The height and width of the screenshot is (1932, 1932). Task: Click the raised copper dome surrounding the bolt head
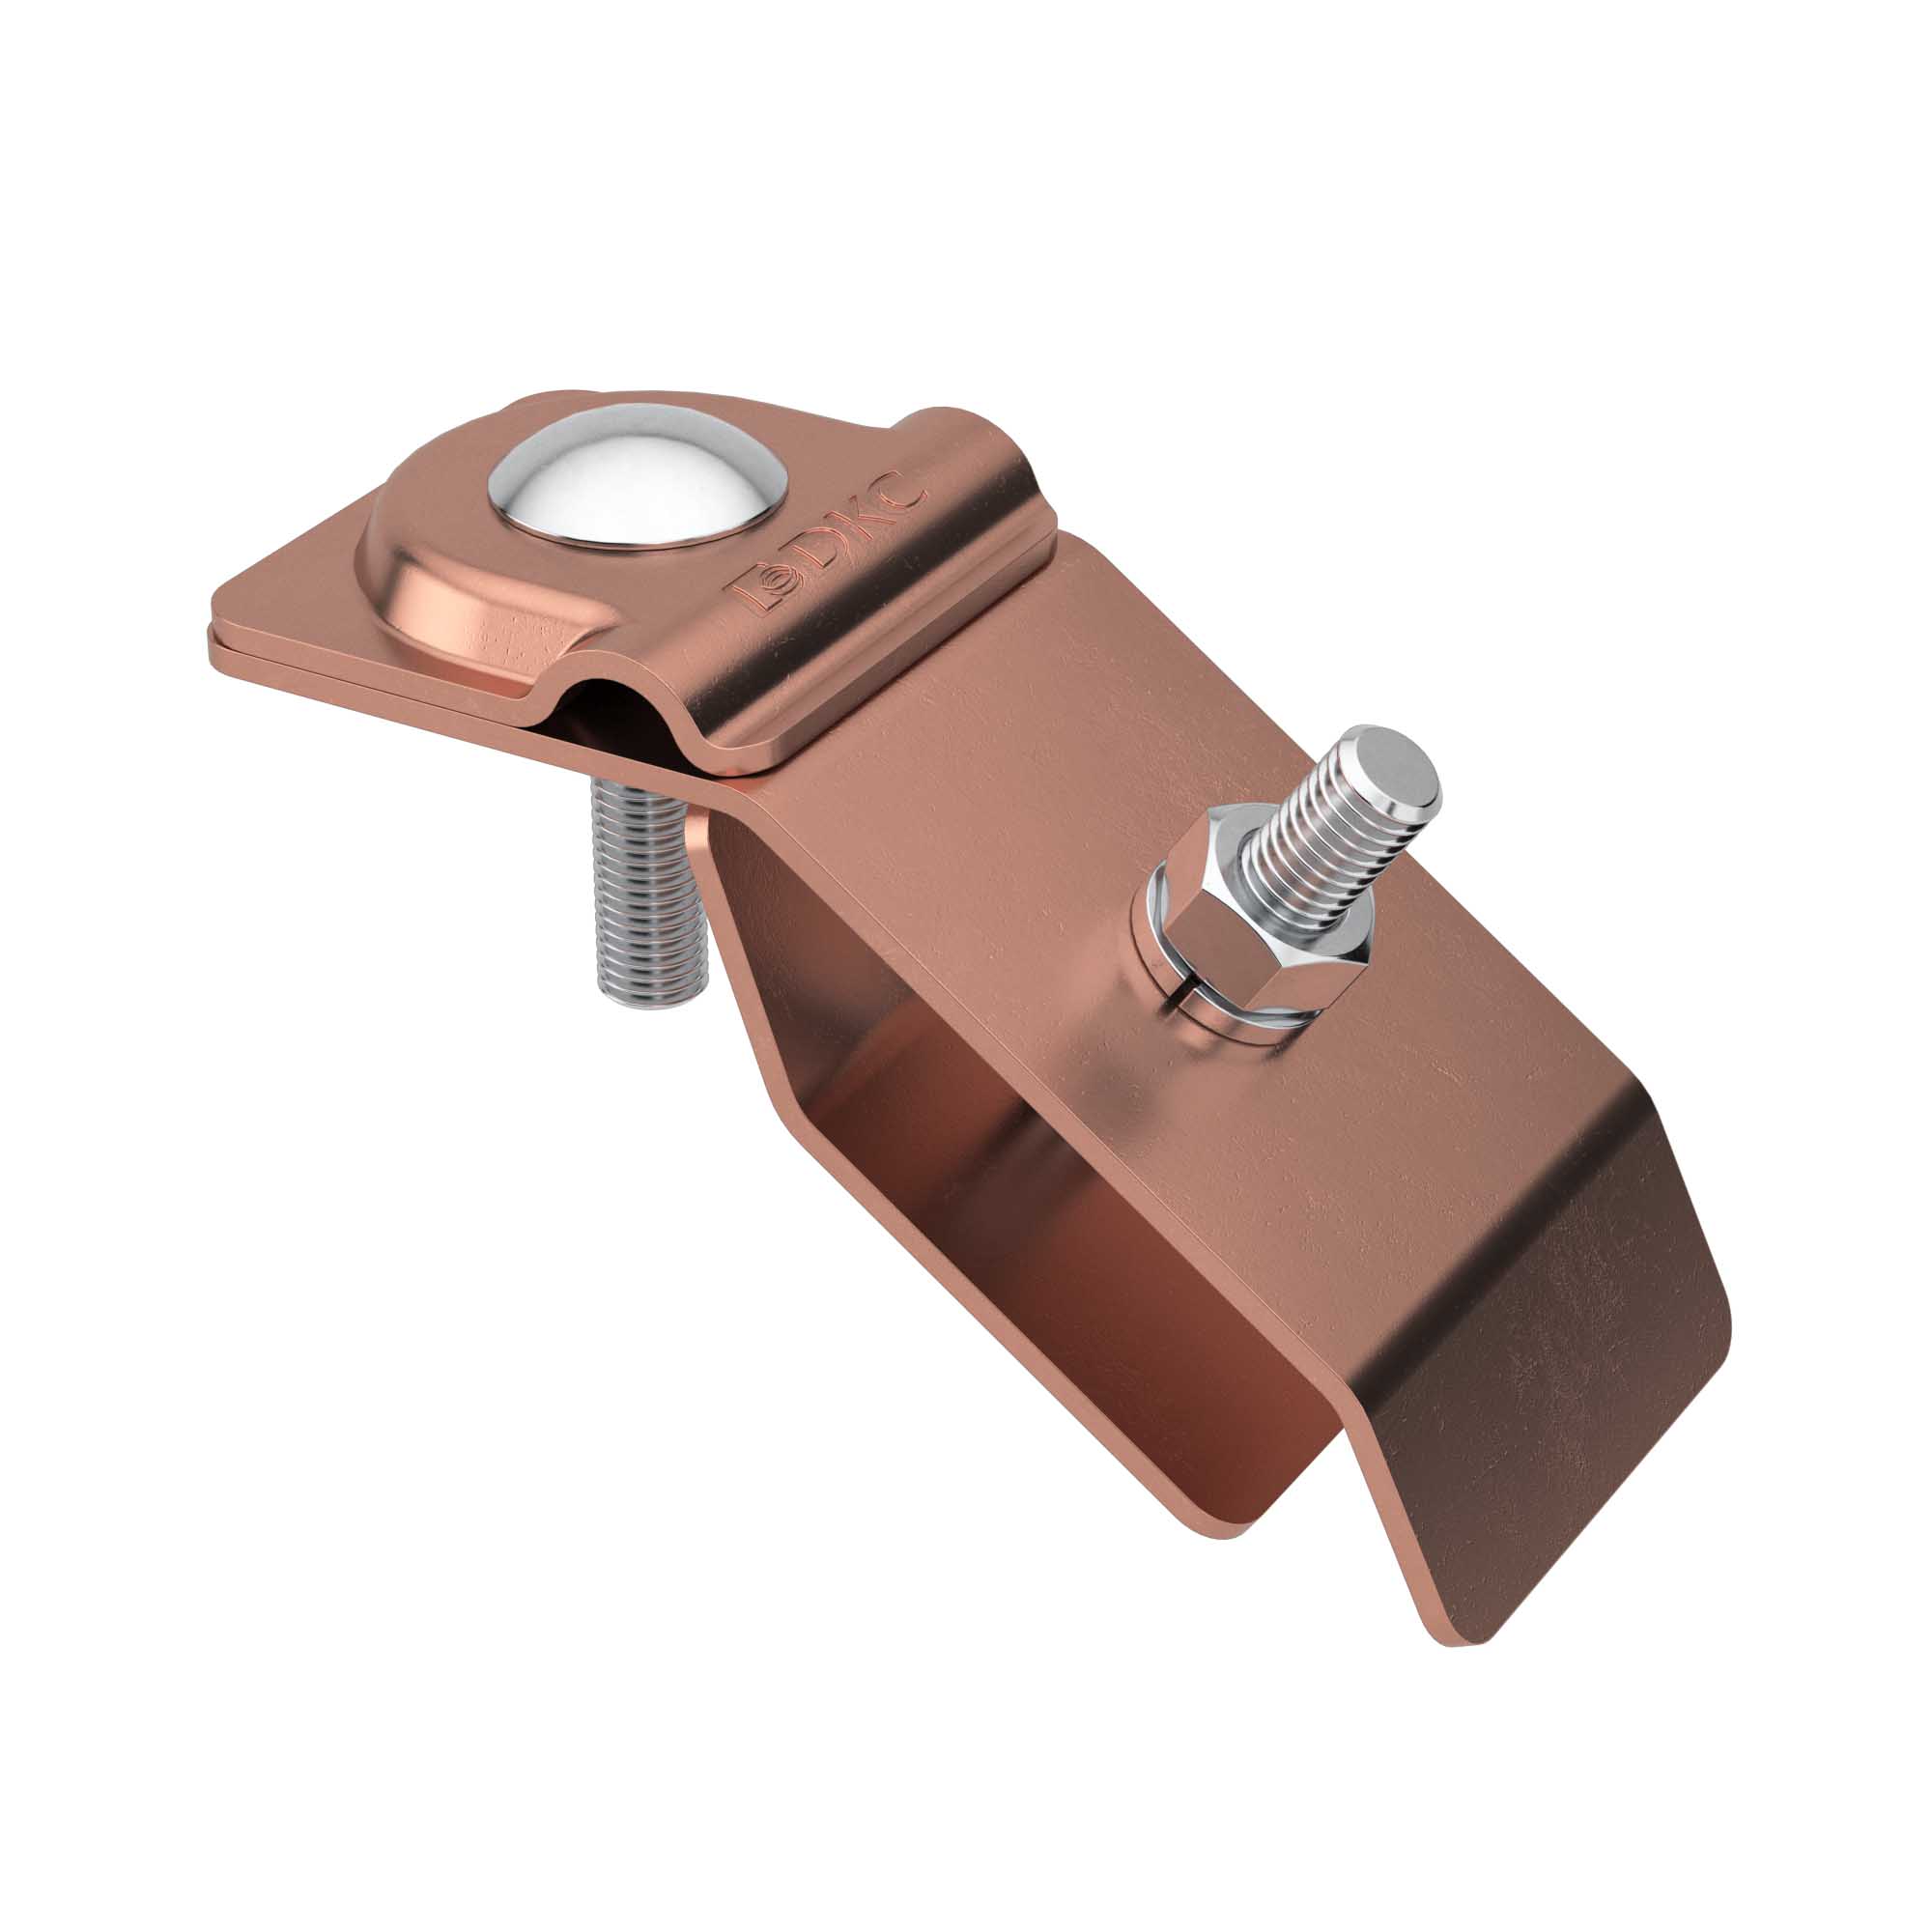click(x=470, y=590)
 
